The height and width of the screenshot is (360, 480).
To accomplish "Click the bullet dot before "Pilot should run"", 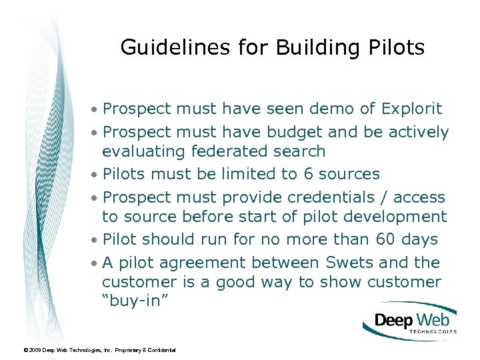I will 97,239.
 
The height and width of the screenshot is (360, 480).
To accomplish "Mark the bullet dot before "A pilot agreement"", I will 97,263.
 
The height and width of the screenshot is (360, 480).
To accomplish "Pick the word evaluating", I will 143,151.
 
